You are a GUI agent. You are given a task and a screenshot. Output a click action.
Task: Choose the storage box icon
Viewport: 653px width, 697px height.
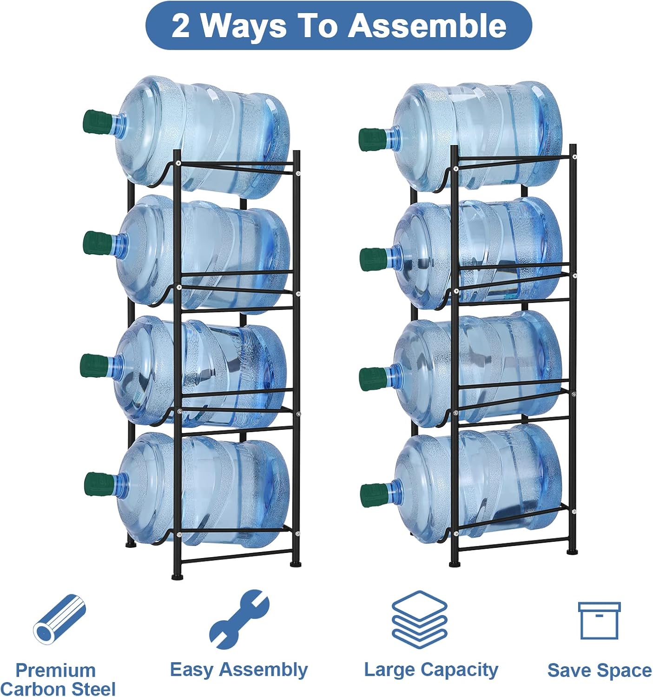tap(599, 620)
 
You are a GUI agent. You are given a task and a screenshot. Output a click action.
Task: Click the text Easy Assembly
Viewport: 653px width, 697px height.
tap(238, 670)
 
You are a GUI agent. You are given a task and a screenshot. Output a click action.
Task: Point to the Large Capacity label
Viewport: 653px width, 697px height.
tap(431, 670)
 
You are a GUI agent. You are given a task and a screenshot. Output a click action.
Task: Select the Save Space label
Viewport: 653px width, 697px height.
tap(599, 671)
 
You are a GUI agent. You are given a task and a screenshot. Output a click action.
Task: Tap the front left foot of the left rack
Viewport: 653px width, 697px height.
tap(177, 577)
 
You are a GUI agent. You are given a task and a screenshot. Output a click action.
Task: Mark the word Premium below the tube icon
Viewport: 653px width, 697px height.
tap(55, 671)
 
